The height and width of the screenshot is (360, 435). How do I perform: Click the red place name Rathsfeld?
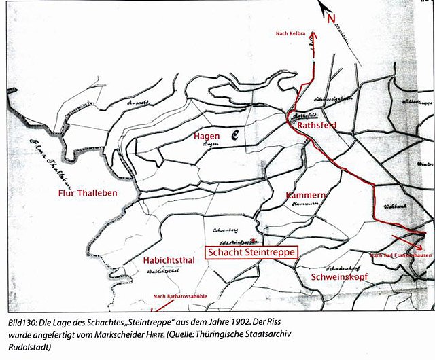318,126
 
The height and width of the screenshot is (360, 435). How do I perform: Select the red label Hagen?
207,136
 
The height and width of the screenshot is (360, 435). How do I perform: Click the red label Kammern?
307,195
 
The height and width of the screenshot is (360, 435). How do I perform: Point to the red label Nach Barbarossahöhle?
180,296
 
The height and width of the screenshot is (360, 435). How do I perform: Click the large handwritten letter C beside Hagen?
232,135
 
